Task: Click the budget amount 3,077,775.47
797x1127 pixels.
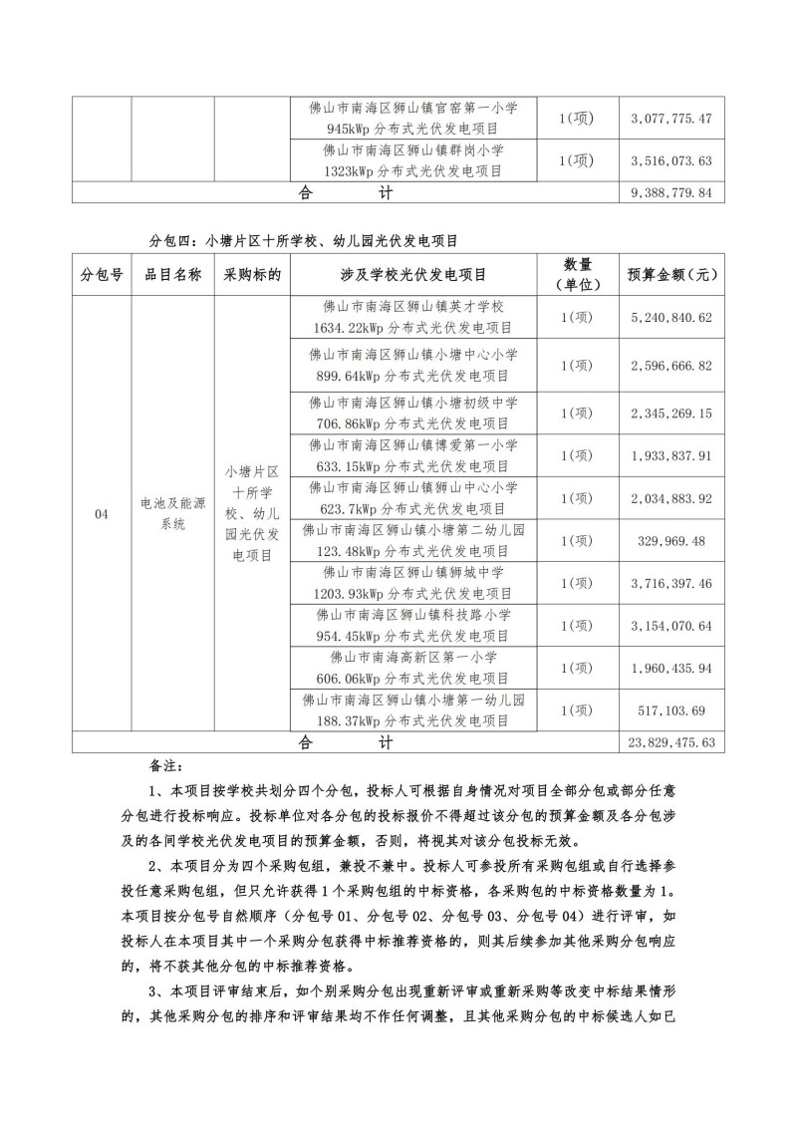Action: pos(671,119)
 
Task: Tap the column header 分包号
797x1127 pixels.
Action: pos(101,275)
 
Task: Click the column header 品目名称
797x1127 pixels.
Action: pos(173,275)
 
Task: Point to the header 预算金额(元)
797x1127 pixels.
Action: pos(671,275)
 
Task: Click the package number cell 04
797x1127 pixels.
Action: pos(101,513)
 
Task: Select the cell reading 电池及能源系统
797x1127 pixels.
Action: pos(173,513)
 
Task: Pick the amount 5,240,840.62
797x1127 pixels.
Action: pos(671,318)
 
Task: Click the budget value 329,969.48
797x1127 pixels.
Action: pos(671,540)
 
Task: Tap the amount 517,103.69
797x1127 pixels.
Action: pos(671,709)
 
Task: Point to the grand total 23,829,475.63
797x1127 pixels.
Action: pos(671,742)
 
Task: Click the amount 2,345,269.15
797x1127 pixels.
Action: pos(671,413)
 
